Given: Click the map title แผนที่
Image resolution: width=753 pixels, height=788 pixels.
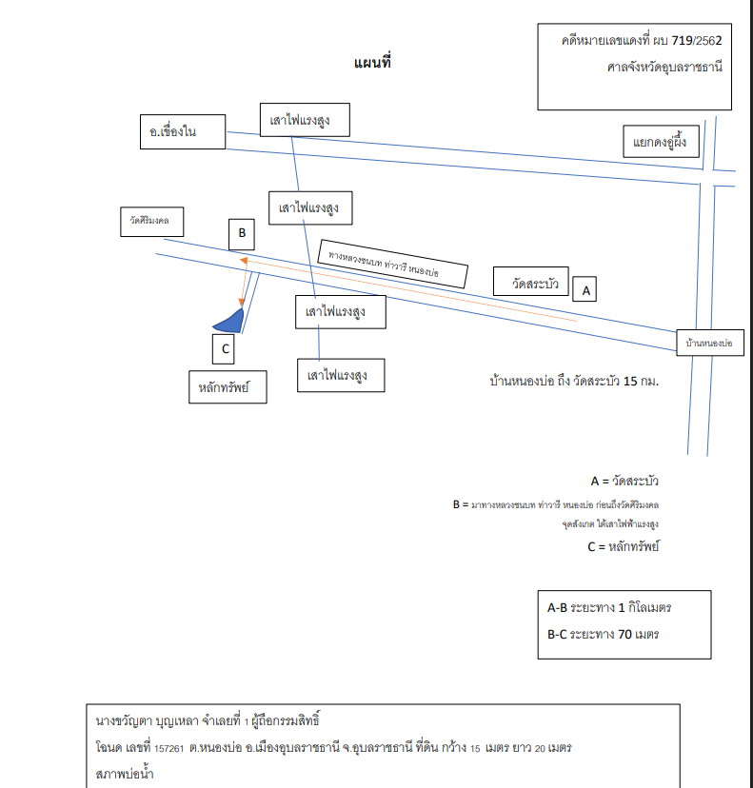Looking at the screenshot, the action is (x=372, y=62).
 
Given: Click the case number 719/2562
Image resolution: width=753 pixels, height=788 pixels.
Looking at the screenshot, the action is (x=696, y=40).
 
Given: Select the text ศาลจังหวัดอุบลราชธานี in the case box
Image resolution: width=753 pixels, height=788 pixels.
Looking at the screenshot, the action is (x=664, y=67).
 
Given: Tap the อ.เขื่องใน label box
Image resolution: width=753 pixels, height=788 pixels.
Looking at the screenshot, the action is (x=183, y=131).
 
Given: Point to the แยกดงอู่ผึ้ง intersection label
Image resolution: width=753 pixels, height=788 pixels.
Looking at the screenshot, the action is (x=661, y=141).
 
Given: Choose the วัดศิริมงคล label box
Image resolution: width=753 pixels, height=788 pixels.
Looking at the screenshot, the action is (x=151, y=222).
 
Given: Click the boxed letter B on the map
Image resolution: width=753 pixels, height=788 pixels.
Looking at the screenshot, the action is (x=242, y=234).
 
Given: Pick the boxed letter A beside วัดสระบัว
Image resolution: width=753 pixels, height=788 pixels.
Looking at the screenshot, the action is (x=585, y=289).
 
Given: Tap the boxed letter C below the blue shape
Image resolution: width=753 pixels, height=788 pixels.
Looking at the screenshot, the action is (x=223, y=348).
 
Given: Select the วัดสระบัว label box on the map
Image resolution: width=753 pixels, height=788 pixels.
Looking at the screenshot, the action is (x=531, y=282).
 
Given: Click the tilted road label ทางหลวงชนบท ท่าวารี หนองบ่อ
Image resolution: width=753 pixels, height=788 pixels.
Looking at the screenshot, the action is (x=392, y=264).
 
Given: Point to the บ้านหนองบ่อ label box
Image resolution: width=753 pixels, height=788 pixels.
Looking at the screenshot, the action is (x=710, y=343).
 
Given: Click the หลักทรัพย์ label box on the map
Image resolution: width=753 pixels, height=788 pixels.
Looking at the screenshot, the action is (x=228, y=387).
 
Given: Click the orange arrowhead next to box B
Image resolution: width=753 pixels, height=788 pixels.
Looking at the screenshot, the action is (x=244, y=261).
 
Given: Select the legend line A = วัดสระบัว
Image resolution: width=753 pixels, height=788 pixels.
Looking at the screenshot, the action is (x=624, y=481).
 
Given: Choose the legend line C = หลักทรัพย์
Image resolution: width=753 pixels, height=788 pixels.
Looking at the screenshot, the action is (x=624, y=546).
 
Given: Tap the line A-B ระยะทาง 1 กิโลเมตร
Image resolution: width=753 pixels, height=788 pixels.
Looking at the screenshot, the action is (x=609, y=607).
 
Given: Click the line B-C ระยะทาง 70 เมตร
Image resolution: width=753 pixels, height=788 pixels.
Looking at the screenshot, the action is (x=604, y=634).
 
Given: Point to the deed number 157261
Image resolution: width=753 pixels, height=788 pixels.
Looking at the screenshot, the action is (x=168, y=748).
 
